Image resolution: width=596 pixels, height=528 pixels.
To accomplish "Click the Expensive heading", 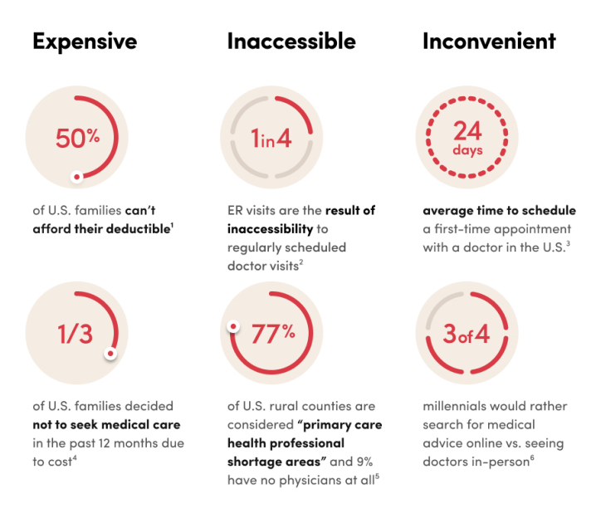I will point(85,42).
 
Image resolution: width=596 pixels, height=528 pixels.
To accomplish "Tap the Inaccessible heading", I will point(291,42).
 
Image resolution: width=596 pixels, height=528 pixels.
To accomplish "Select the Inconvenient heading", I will point(489,42).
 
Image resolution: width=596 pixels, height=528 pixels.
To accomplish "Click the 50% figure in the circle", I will point(77,139).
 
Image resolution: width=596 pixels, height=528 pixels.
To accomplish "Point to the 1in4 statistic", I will point(271,139).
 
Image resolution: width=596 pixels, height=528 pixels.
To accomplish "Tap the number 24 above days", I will point(467,131).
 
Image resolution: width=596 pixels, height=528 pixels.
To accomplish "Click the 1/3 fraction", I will point(76,333).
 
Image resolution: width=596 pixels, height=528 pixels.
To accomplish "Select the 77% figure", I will point(273,333).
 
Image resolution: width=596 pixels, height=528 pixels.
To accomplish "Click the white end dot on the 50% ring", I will point(77,176).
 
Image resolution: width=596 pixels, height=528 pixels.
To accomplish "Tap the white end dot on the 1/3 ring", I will point(110,354).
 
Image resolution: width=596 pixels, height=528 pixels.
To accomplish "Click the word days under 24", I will point(467,150).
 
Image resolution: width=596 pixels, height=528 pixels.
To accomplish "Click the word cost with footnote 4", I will point(51,461).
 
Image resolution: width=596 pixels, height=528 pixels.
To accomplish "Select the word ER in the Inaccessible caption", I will point(236,210).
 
